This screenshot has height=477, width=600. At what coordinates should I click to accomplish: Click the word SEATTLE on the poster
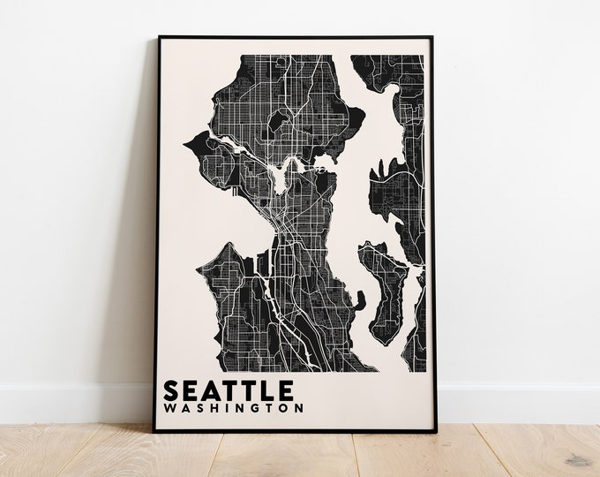point(229,390)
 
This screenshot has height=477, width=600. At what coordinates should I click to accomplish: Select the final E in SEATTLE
point(286,390)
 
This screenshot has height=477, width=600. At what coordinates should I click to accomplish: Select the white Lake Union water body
point(281,180)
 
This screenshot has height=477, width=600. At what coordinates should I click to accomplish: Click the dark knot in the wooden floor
point(577,460)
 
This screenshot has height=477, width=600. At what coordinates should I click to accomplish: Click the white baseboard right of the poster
point(521,403)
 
